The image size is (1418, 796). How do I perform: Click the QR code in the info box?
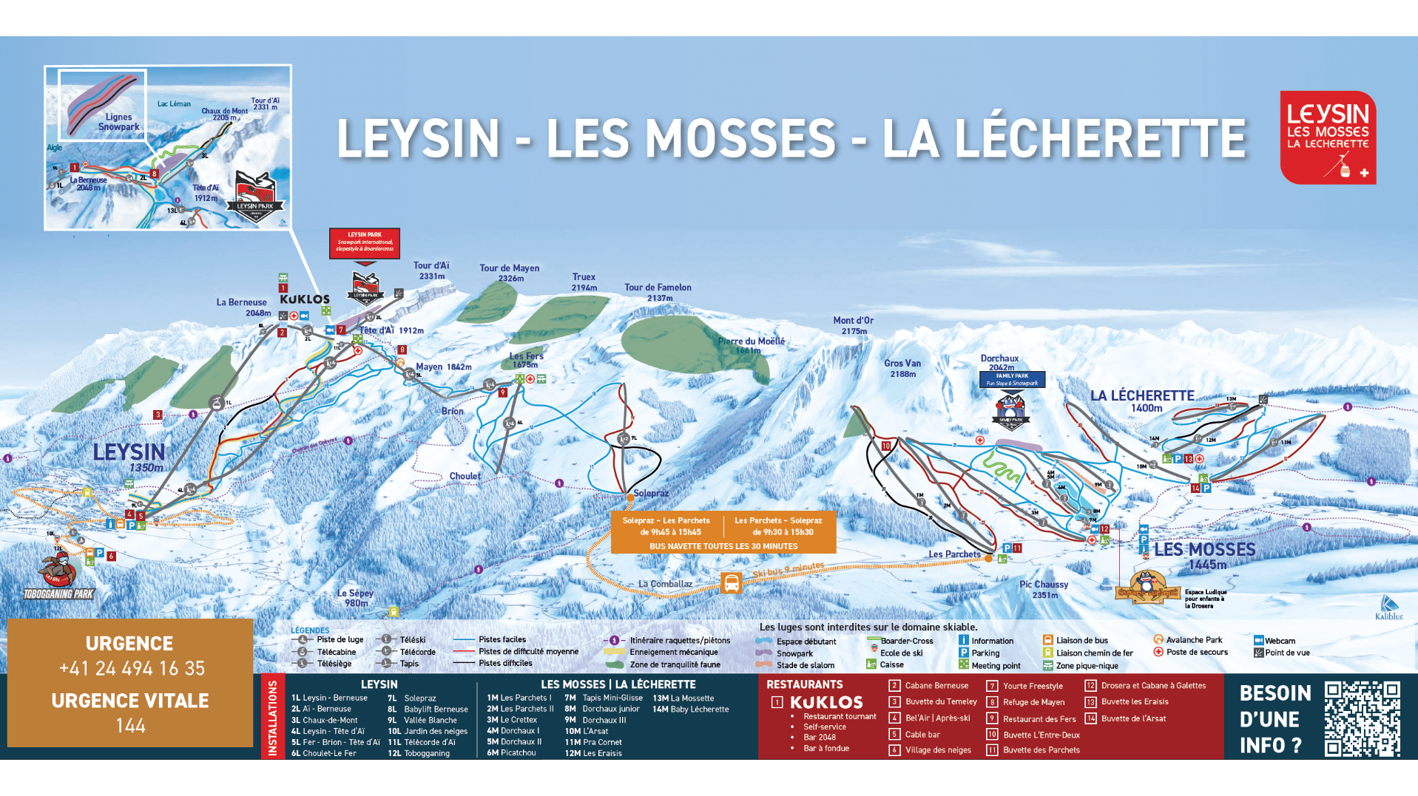pos(1362,719)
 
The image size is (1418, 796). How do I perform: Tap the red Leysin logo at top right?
pos(1328,137)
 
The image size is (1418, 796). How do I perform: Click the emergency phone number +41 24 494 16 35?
pos(132,668)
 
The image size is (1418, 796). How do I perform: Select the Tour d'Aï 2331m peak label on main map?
pos(431,271)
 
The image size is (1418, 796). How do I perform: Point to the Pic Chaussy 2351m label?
pos(1044,589)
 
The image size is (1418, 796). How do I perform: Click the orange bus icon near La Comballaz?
pos(731,583)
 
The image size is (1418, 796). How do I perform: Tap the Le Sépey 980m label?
pos(355,598)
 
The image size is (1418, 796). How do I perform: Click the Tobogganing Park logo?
pos(59,576)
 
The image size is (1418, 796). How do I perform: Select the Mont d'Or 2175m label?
pos(854,325)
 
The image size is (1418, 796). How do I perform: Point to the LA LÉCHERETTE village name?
pos(1142,396)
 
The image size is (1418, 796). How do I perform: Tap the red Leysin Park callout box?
pos(365,243)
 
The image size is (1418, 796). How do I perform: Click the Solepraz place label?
pos(651,493)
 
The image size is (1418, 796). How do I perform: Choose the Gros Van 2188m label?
pos(902,368)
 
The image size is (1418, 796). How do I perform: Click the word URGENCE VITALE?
pos(130,701)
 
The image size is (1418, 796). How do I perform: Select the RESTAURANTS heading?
pos(804,684)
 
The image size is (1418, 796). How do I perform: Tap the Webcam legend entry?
pos(1279,641)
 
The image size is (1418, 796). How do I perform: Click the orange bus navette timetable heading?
pos(723,546)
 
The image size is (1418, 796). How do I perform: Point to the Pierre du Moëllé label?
pos(751,341)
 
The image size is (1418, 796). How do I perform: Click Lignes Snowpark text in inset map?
pos(118,122)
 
